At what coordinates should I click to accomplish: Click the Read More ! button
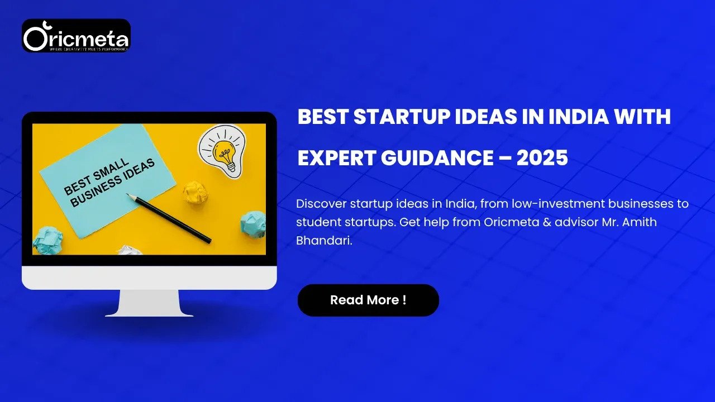pyautogui.click(x=368, y=300)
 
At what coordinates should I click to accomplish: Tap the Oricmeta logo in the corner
pyautogui.click(x=76, y=36)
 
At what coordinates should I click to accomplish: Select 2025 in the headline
pyautogui.click(x=542, y=158)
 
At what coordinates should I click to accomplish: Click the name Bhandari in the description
pyautogui.click(x=323, y=241)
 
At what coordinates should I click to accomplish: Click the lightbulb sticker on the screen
pyautogui.click(x=222, y=150)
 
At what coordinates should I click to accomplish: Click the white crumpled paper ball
pyautogui.click(x=130, y=250)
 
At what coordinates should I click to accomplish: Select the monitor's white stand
pyautogui.click(x=149, y=303)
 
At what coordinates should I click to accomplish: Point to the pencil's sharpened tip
pyautogui.click(x=128, y=195)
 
